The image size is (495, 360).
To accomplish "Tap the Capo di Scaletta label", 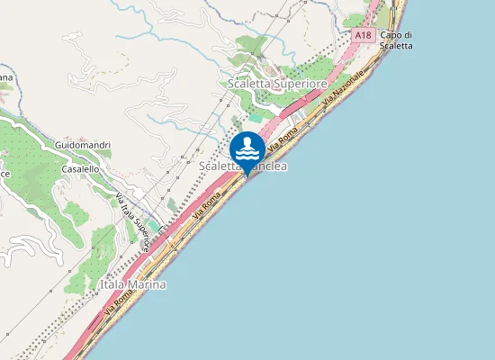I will tap(396, 40).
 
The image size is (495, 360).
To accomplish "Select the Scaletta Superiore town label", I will tap(276, 84).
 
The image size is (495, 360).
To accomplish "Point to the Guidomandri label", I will tap(83, 145).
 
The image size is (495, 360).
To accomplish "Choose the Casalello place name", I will tap(79, 168).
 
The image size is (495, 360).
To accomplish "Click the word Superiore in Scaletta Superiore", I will tap(300, 84).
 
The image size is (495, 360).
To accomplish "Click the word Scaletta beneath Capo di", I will tap(396, 46).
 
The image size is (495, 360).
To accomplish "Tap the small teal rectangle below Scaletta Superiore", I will tap(256, 118).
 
